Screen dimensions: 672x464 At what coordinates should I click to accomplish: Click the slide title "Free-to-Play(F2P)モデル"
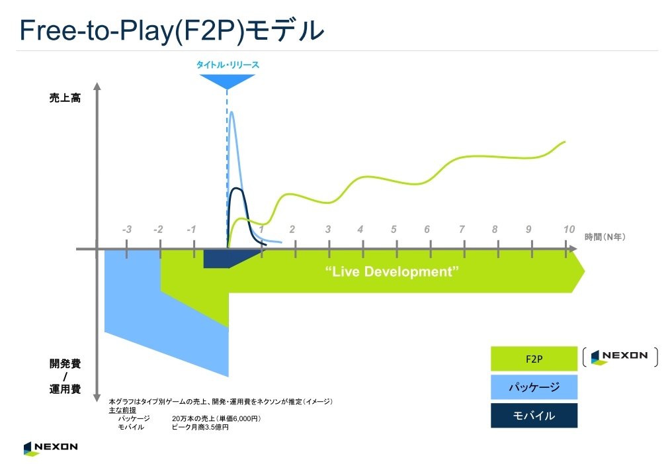[171, 30]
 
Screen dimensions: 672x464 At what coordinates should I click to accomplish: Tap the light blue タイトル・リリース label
[228, 65]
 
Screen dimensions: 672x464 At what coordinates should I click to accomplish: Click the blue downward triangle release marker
[227, 81]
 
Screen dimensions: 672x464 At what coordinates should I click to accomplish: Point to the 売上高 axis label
[65, 98]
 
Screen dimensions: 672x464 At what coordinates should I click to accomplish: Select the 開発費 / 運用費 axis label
[65, 376]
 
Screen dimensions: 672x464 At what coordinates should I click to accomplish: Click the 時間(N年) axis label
[605, 237]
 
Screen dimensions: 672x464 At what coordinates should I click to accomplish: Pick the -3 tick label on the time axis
[126, 230]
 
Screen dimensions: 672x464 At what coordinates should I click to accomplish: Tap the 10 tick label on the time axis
[569, 230]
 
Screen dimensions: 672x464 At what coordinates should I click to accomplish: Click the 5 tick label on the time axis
[394, 230]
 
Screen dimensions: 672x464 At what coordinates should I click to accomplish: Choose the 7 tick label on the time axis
[462, 230]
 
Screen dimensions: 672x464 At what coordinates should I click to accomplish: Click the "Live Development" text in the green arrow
[392, 271]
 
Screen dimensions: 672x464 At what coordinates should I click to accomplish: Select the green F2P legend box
[534, 359]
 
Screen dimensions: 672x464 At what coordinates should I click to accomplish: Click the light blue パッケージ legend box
[534, 387]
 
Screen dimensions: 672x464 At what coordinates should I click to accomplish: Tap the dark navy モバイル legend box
[534, 415]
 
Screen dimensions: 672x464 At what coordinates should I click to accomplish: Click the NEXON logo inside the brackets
[619, 357]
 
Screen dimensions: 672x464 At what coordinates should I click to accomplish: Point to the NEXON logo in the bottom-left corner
[50, 448]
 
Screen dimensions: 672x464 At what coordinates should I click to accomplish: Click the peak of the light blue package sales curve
[232, 113]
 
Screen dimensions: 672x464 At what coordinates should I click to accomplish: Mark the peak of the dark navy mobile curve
[236, 189]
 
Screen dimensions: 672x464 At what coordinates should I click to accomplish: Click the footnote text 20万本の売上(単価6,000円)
[216, 418]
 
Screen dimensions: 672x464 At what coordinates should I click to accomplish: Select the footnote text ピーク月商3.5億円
[200, 427]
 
